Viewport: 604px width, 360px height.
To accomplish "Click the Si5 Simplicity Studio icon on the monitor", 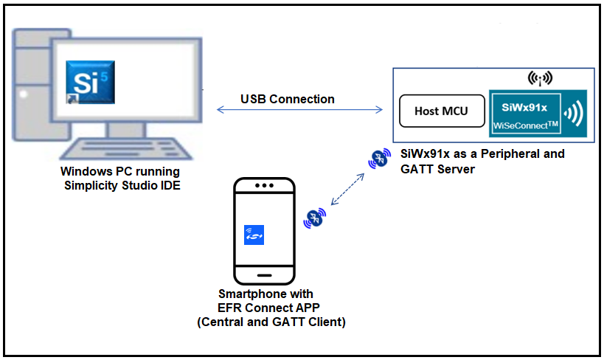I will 86,83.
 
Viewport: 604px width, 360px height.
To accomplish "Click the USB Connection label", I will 287,99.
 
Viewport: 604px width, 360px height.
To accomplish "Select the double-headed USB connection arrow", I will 300,111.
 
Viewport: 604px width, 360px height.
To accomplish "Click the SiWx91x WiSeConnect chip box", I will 526,113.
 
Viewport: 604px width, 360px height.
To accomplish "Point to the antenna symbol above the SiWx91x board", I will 541,77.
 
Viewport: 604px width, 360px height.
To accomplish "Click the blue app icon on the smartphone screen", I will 254,235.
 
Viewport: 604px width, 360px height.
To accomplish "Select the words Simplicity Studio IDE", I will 120,185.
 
